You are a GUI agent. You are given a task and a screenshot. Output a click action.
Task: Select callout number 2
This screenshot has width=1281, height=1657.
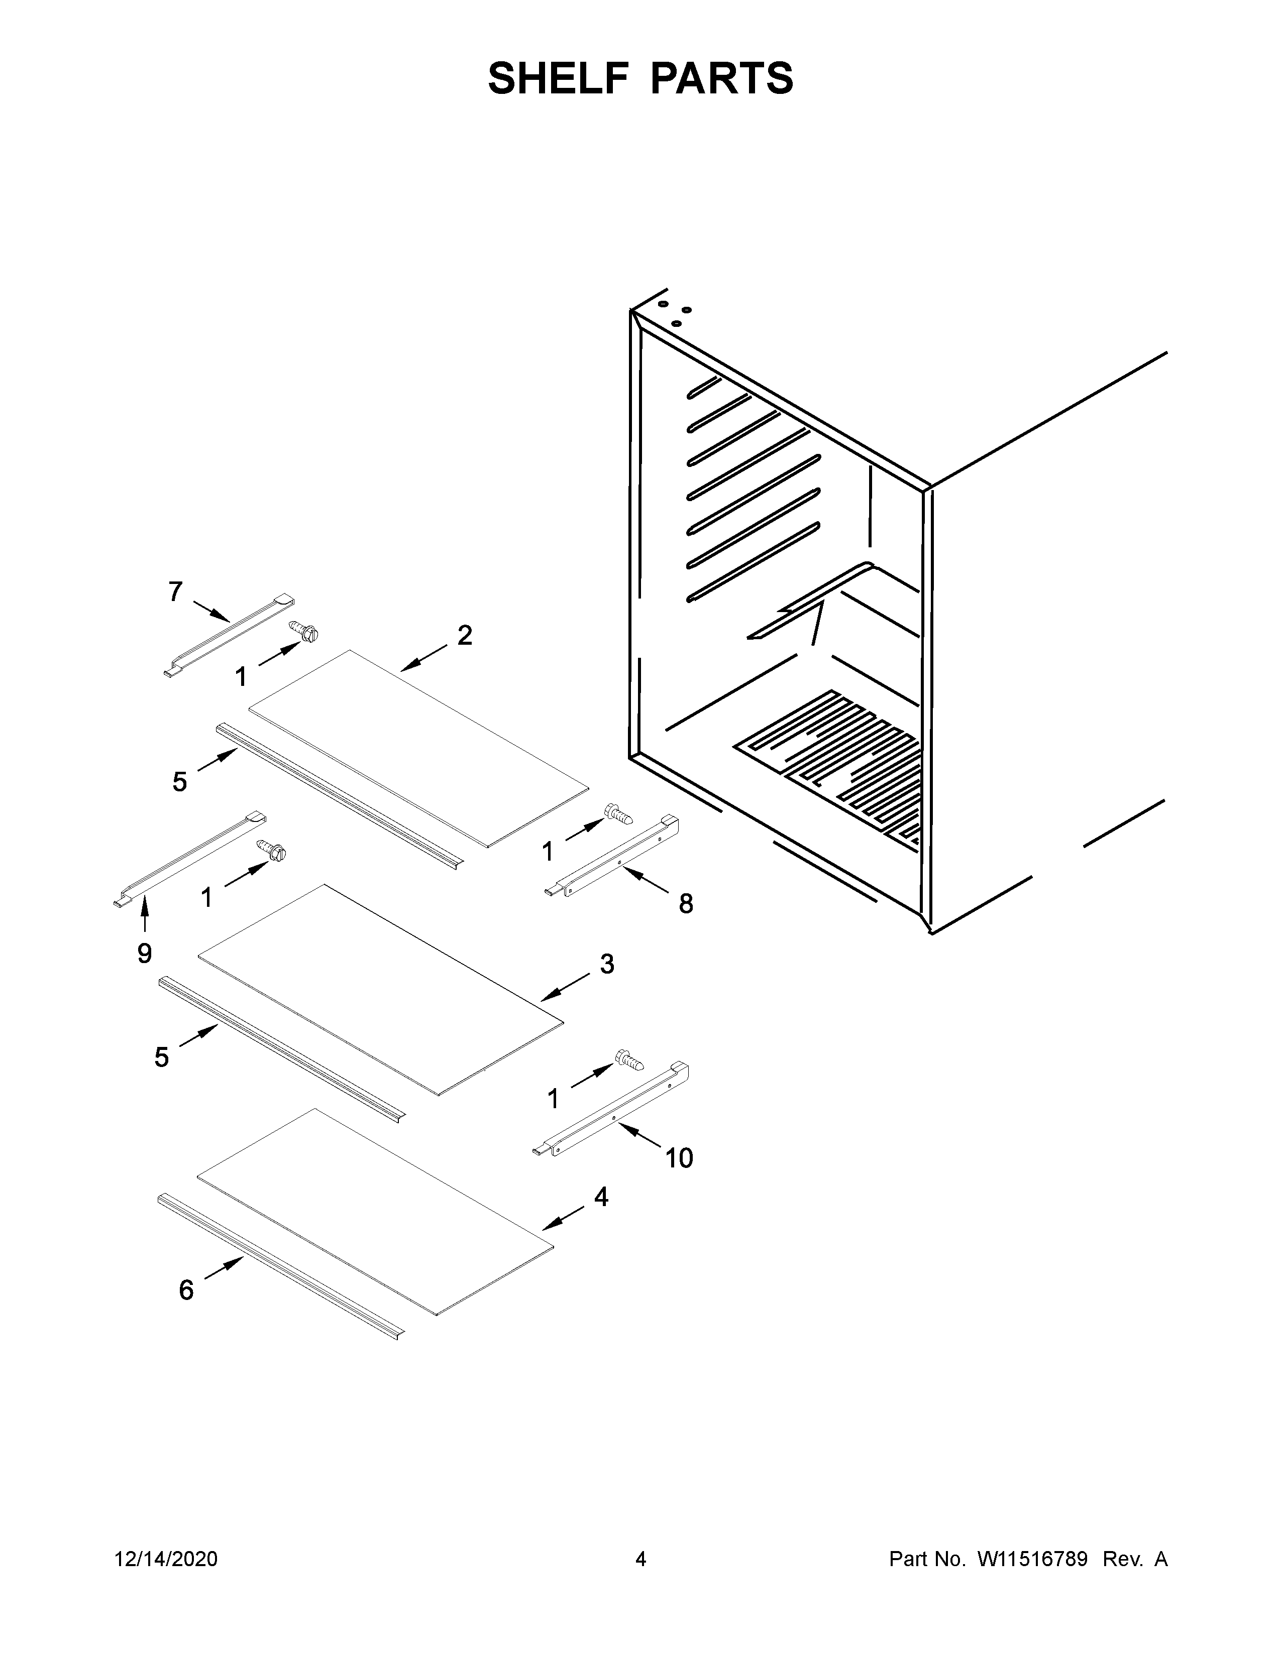(465, 635)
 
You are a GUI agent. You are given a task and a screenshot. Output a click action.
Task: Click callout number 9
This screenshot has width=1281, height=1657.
(144, 953)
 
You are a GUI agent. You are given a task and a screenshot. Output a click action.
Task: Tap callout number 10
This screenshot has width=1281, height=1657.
(679, 1158)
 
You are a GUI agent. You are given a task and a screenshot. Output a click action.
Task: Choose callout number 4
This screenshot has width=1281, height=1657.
(601, 1197)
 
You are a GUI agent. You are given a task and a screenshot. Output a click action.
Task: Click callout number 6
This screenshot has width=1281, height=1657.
(186, 1290)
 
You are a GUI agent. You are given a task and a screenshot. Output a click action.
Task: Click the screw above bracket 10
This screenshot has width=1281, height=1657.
(629, 1060)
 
